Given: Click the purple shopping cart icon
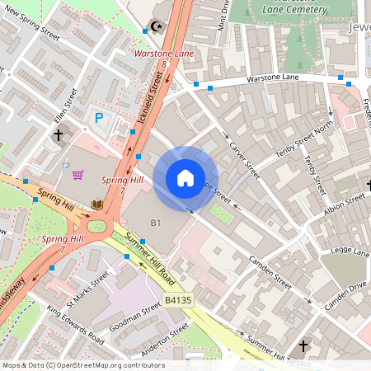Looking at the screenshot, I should coord(77,175).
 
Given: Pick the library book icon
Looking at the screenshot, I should coord(96,204).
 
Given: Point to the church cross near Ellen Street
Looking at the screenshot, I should coord(59,134).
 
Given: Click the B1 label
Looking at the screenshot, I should coord(155,223).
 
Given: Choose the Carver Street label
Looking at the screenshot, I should coord(245,160).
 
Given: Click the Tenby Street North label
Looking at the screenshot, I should coord(306,135).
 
